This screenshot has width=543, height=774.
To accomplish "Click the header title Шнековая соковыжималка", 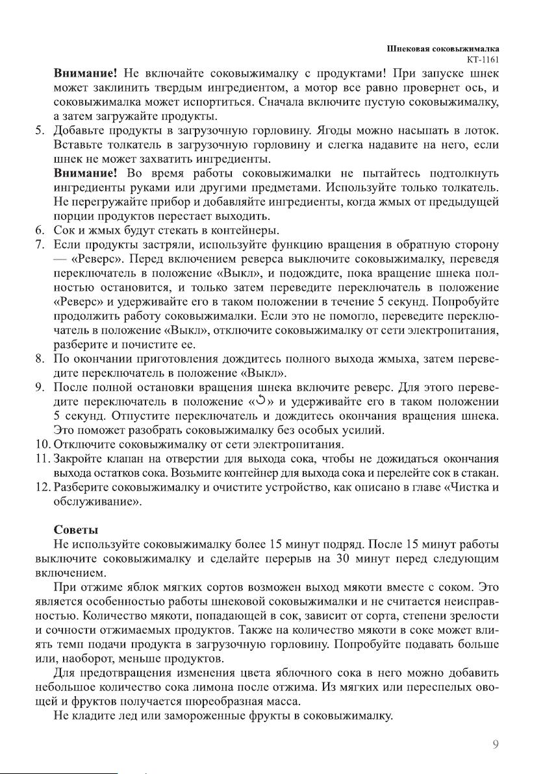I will [447, 49].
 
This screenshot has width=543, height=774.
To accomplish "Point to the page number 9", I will [496, 745].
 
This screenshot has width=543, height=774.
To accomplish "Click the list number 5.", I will [39, 132].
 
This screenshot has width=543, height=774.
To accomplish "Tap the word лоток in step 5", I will [481, 132].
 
